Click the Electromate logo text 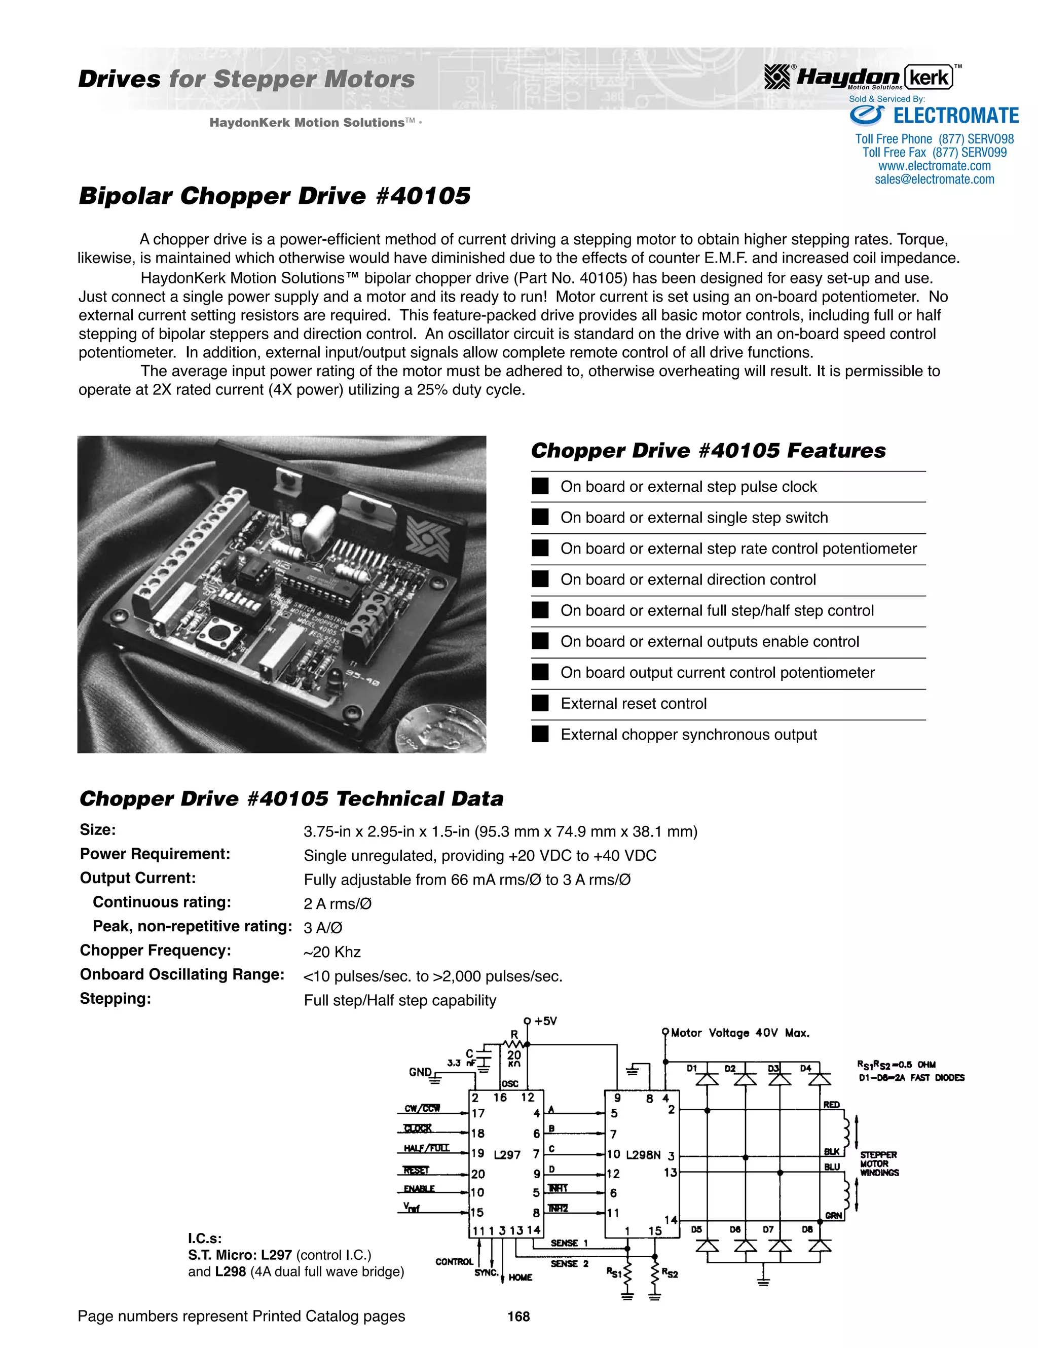[x=955, y=116]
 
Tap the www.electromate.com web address [x=934, y=166]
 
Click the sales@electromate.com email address [x=934, y=179]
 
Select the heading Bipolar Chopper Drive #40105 [x=275, y=196]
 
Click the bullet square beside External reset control [x=540, y=703]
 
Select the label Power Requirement [x=155, y=854]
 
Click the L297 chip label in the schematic [x=507, y=1155]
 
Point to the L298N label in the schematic [x=643, y=1155]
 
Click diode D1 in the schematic [x=707, y=1079]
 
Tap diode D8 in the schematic [x=820, y=1245]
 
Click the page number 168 [x=518, y=1317]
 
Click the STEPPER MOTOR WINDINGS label [x=879, y=1163]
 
